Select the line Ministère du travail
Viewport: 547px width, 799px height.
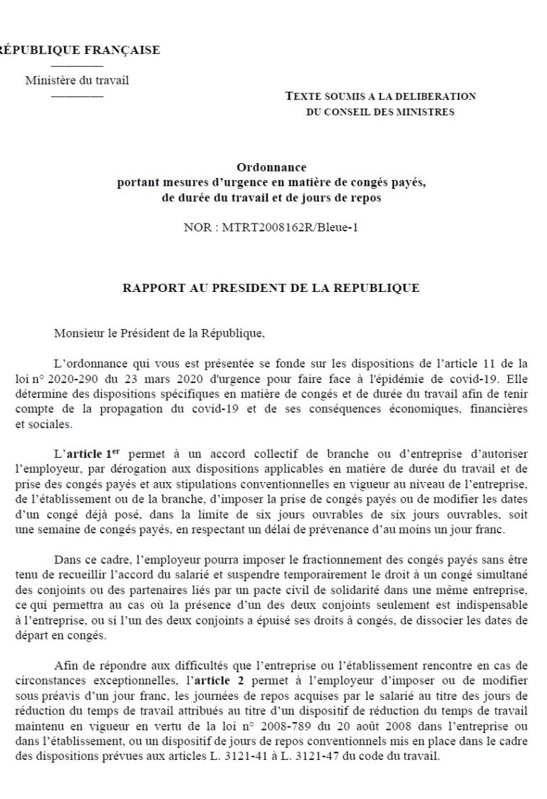tap(77, 80)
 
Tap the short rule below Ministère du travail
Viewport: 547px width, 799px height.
tap(78, 95)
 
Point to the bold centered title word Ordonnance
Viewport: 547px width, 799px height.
tap(271, 168)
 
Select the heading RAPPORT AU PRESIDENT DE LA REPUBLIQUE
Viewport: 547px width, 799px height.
tap(271, 288)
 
